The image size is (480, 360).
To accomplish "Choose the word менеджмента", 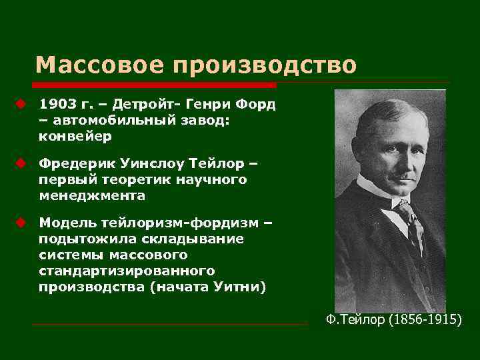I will pyautogui.click(x=91, y=195).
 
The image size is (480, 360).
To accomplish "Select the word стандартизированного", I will pyautogui.click(x=126, y=271).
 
